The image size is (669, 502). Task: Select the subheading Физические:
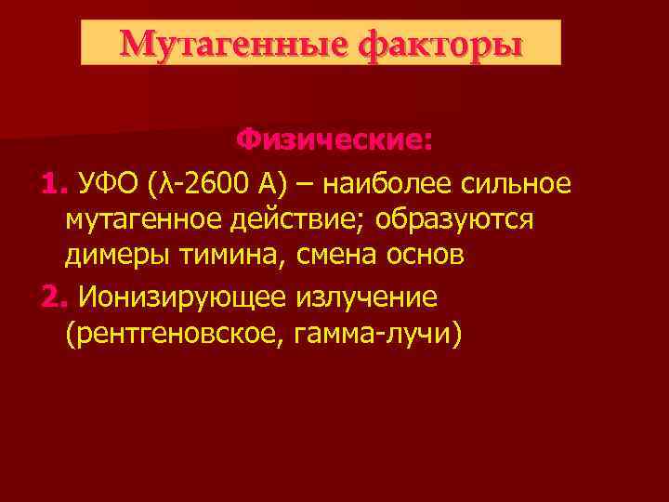(x=334, y=141)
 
